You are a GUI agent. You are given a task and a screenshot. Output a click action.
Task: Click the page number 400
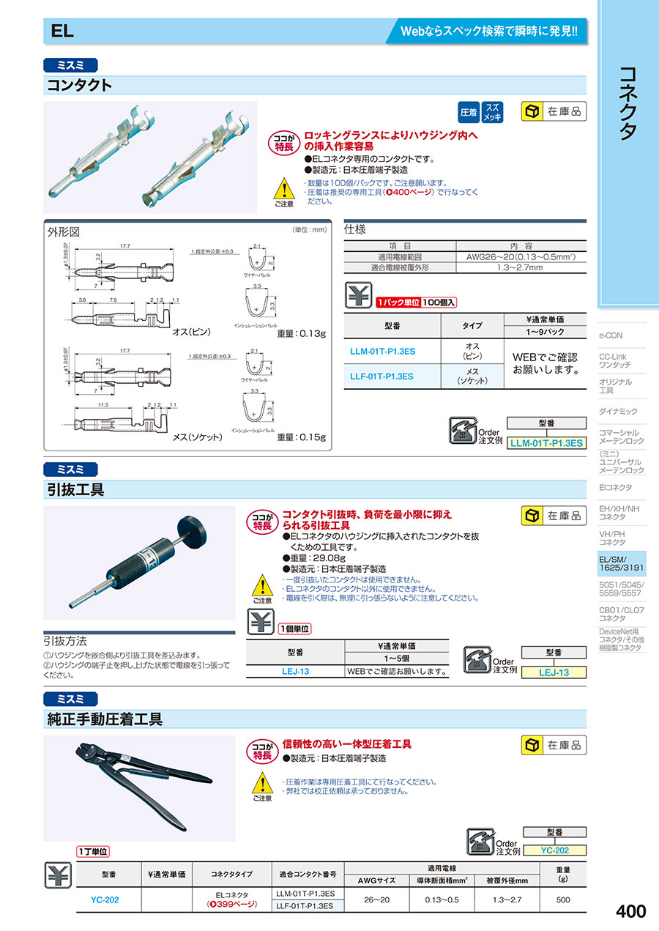630,911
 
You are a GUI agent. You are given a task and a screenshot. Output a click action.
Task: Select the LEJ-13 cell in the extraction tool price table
296,671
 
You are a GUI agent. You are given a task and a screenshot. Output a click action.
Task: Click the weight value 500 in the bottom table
562,900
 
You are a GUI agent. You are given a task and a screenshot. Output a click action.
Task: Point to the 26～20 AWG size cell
380,900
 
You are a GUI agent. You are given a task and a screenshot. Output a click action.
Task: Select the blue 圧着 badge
468,112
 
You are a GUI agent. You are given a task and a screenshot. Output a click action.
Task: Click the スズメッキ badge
493,112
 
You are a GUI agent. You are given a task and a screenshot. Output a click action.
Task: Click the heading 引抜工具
75,489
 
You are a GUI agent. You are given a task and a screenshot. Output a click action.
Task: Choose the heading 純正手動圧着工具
104,719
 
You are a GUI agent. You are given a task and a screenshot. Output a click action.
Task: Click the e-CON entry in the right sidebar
611,335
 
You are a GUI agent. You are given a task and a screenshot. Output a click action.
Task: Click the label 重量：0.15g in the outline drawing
301,437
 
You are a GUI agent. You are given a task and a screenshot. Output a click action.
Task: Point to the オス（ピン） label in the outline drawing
192,332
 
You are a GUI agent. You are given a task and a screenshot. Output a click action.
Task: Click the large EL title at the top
62,31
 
